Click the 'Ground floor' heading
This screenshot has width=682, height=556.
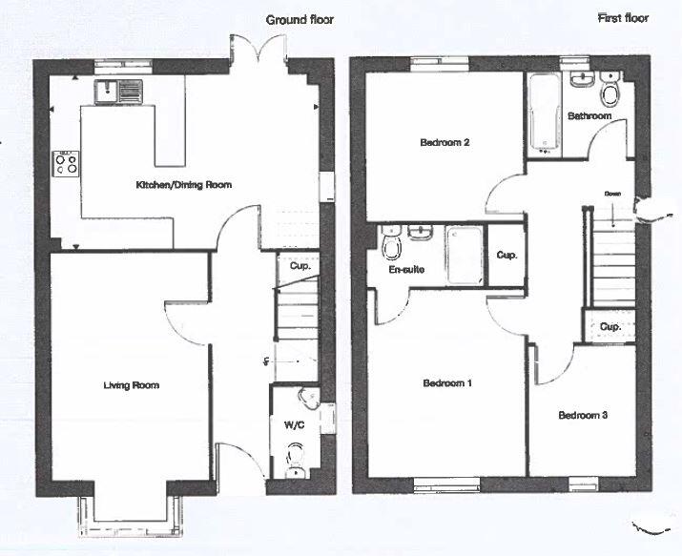(300, 19)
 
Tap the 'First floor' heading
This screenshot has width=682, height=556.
(624, 17)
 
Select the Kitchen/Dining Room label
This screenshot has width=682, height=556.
(183, 184)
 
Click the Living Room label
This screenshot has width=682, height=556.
(132, 385)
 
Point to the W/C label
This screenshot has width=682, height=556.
(295, 425)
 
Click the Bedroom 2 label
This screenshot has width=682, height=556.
(445, 144)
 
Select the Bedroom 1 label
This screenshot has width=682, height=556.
(447, 383)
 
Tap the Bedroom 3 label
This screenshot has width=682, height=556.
(583, 415)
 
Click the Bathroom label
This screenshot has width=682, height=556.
(589, 116)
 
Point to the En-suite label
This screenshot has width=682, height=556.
(406, 270)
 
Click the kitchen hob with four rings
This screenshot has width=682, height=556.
(67, 164)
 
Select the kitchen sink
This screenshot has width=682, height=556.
(118, 92)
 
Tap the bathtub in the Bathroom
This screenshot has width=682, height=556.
(543, 113)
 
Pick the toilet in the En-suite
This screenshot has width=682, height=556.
(391, 246)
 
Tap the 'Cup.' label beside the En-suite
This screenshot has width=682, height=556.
(506, 256)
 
